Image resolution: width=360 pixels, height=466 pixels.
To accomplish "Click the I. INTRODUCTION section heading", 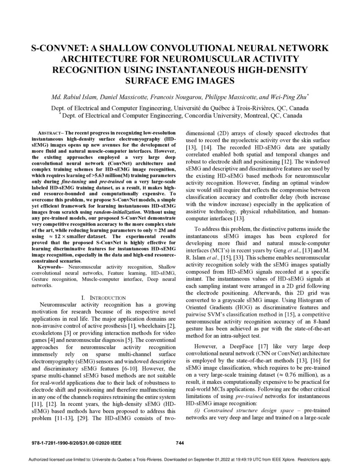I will click(104, 298).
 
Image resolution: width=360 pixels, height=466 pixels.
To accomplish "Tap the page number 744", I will click(180, 443).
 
